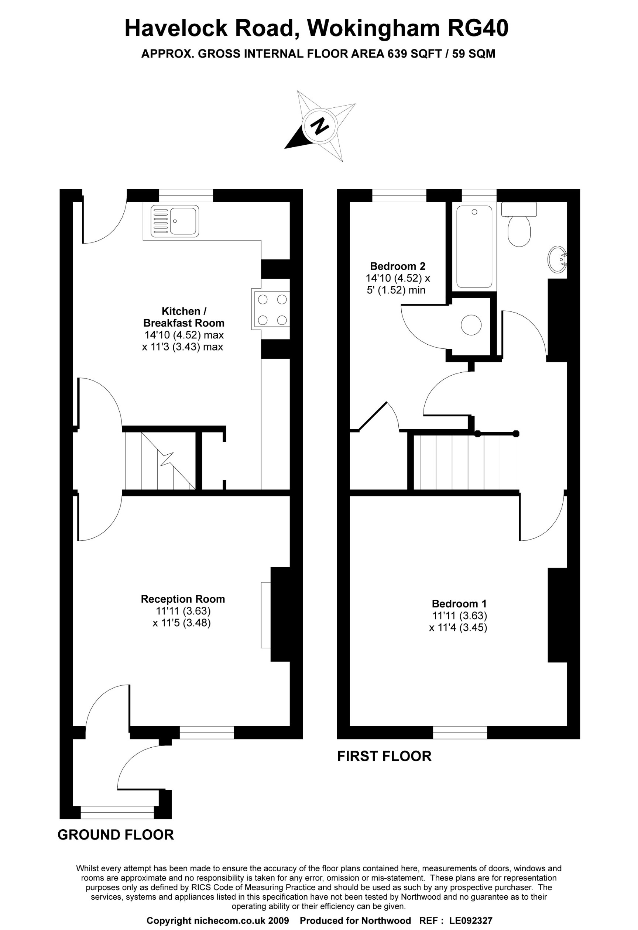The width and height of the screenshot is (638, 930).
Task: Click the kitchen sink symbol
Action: point(175,221)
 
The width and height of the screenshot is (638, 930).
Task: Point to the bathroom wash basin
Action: point(558,259)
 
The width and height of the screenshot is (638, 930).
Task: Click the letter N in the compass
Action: point(320,127)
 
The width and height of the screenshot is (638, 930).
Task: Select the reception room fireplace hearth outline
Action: point(266,615)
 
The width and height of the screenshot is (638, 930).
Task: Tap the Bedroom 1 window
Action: point(460,732)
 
